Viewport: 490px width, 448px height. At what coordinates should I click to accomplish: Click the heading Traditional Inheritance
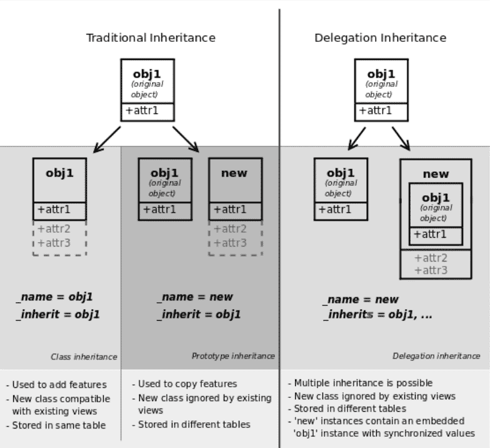[151, 38]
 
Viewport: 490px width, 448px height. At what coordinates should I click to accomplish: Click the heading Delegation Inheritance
[380, 38]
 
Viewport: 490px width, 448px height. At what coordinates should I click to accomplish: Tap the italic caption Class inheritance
[84, 357]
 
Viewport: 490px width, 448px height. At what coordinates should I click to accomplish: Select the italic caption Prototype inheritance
[233, 356]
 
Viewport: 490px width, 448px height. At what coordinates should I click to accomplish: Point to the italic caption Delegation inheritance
[436, 356]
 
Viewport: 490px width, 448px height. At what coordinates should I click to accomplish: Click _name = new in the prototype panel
[195, 297]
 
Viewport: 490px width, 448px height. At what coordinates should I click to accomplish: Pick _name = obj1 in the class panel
[55, 297]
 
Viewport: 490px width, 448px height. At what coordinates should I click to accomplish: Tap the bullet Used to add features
[56, 384]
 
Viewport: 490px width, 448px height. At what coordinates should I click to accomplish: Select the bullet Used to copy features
[184, 384]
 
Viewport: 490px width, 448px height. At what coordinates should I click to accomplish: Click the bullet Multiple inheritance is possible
[360, 383]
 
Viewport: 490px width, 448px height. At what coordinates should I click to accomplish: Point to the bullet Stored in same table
[56, 425]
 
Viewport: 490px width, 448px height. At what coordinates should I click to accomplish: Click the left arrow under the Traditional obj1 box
[107, 140]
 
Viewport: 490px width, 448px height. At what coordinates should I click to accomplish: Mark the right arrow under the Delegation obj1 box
[401, 139]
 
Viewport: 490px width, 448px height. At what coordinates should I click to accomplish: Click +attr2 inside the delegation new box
[431, 258]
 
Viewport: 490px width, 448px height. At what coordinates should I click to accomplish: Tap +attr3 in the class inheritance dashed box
[54, 243]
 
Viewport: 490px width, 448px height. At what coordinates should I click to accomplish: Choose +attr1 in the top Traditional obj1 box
[142, 110]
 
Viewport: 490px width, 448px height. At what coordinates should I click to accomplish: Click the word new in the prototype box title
[234, 173]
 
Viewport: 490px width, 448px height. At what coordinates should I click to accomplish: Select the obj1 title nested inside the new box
[436, 198]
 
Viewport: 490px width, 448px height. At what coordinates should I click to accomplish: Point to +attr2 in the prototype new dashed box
[230, 229]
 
